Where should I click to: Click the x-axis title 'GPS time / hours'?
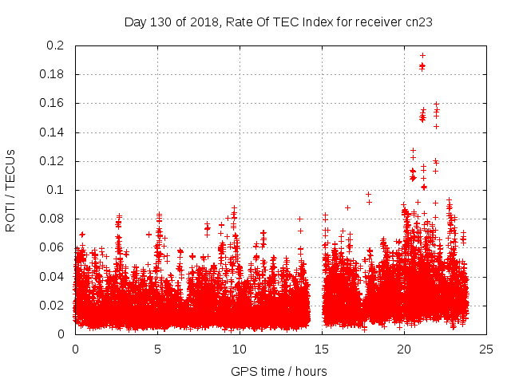(x=279, y=371)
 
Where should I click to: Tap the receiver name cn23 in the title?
(x=418, y=22)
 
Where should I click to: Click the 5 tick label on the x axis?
(x=157, y=349)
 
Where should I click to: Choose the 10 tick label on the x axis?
(x=240, y=349)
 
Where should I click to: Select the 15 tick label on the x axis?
(x=322, y=349)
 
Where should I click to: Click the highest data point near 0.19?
(x=422, y=55)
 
